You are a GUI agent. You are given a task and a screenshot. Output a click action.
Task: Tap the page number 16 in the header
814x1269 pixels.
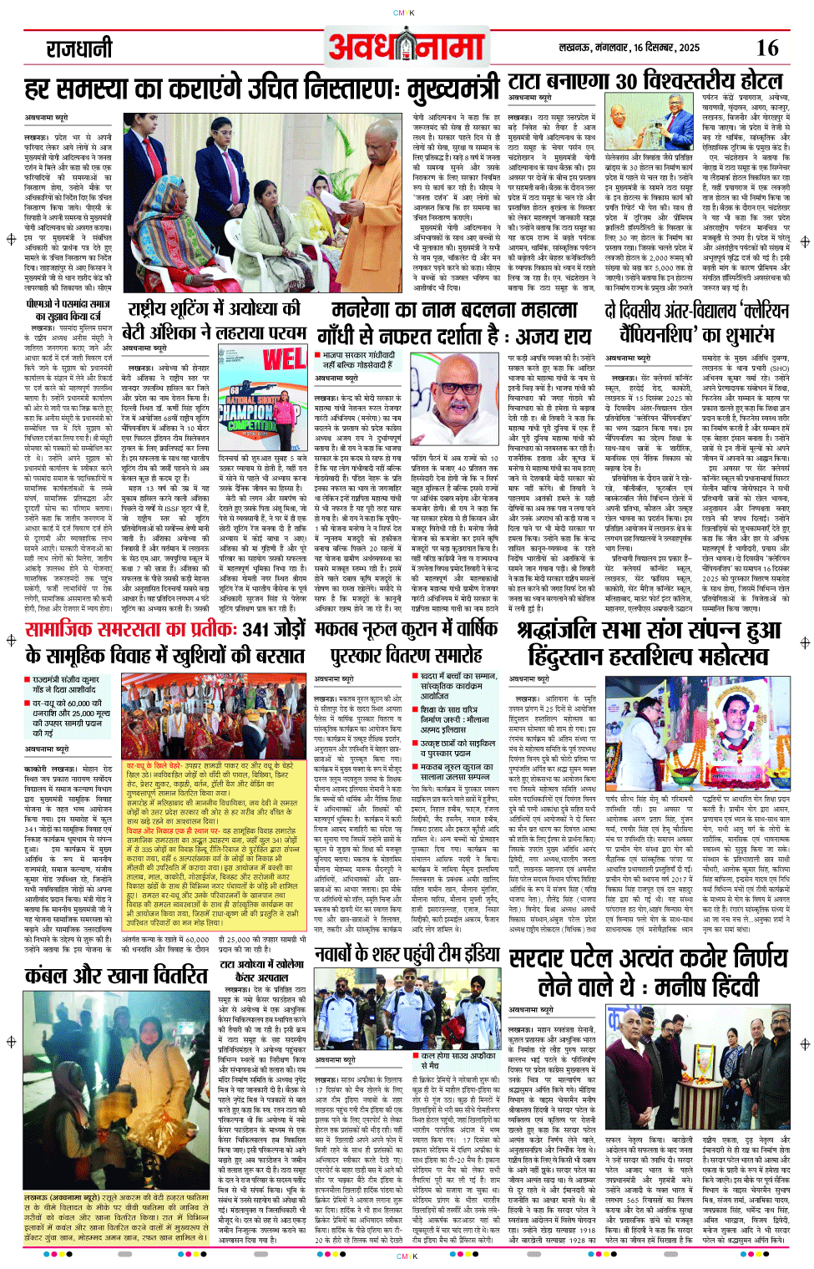pyautogui.click(x=766, y=48)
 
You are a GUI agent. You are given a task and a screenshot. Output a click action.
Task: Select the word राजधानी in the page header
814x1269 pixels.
pyautogui.click(x=78, y=48)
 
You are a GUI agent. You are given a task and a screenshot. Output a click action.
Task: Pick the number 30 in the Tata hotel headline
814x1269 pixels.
pyautogui.click(x=626, y=83)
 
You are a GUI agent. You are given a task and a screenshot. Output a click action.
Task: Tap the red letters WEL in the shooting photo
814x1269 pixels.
pyautogui.click(x=284, y=359)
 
